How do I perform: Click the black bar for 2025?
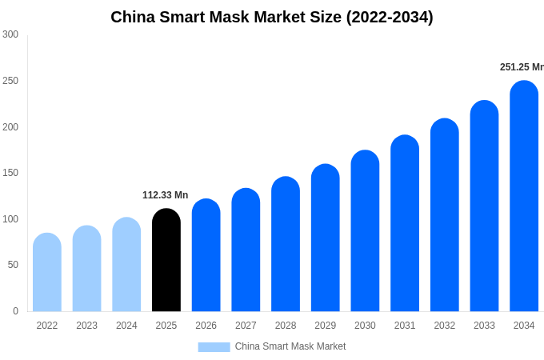[166, 260]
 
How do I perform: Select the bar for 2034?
[524, 196]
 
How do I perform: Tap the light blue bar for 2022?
[47, 272]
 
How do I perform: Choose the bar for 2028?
[286, 244]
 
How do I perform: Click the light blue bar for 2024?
[126, 264]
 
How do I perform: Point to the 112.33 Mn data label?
[165, 195]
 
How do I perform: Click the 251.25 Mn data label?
[522, 67]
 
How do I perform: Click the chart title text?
[272, 17]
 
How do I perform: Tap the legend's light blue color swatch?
[214, 346]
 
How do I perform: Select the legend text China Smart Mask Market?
[290, 346]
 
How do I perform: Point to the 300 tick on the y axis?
[10, 34]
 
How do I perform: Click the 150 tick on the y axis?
[10, 173]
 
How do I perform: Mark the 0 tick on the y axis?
[15, 311]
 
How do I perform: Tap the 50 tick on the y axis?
[13, 265]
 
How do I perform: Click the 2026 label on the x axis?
[206, 326]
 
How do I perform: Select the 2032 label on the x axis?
[444, 326]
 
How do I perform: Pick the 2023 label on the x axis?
[86, 326]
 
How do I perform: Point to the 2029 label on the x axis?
[325, 326]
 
